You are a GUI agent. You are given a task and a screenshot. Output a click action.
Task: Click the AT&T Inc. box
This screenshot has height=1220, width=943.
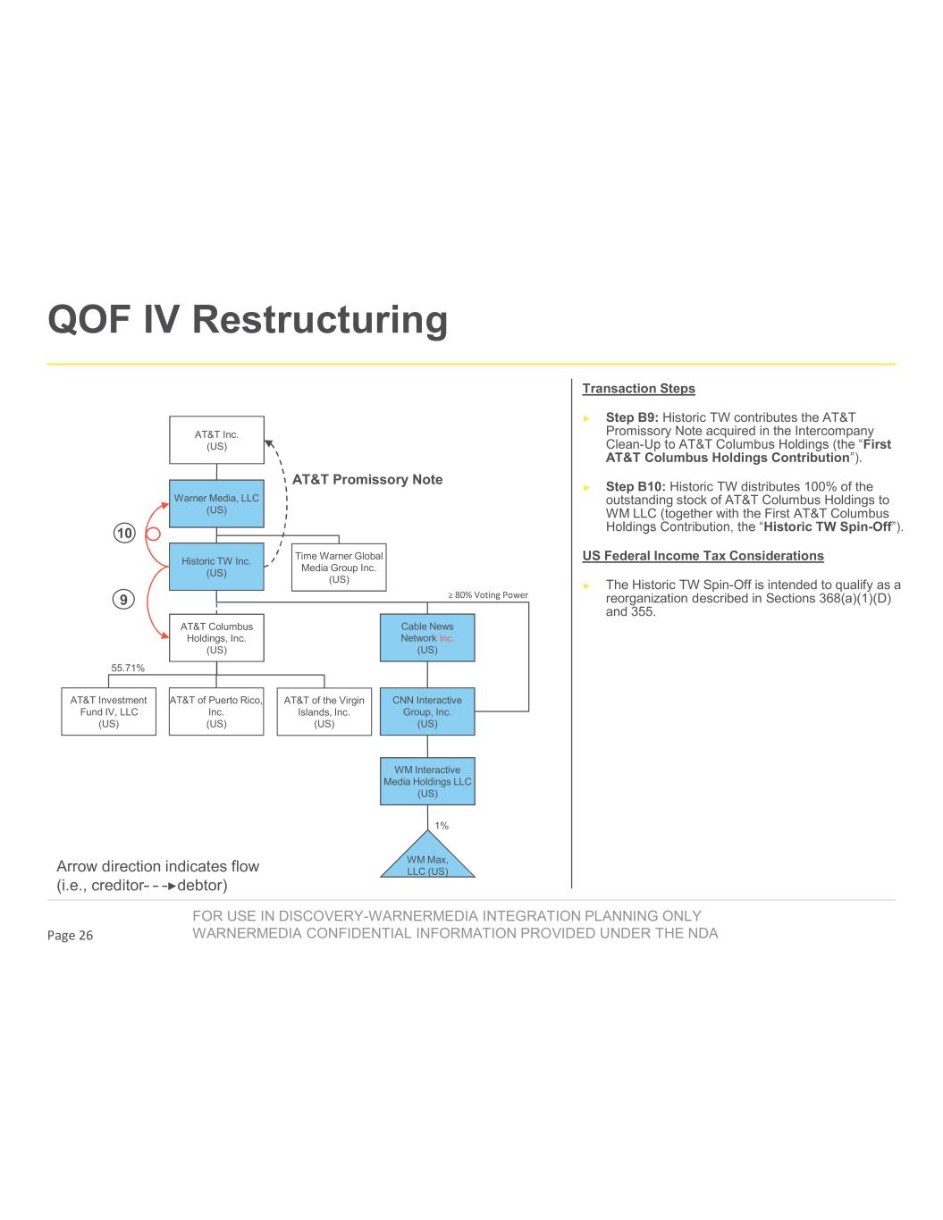[216, 440]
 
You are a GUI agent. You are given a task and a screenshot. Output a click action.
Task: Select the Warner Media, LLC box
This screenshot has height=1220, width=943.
[216, 504]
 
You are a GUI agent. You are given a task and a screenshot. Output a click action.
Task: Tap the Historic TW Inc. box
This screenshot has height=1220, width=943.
[216, 567]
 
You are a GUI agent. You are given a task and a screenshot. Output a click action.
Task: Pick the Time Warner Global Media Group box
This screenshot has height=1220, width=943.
[339, 568]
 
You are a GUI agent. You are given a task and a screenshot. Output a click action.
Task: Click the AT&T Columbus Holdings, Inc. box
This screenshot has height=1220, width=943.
[216, 638]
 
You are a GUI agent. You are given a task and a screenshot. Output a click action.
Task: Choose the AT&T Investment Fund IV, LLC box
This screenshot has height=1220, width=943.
[108, 711]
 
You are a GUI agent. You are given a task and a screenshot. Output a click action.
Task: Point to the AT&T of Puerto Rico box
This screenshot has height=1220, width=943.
[216, 711]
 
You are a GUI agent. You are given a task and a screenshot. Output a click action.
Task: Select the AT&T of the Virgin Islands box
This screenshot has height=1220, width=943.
[324, 711]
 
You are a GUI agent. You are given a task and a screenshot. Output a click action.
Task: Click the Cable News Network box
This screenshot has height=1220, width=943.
[427, 638]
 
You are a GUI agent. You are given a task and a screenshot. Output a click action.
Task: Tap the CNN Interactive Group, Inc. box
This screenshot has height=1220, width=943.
[427, 711]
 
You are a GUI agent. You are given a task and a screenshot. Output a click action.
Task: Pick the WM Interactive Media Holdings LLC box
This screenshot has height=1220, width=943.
[427, 781]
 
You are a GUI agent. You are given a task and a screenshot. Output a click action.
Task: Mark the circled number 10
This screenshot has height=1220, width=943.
[124, 534]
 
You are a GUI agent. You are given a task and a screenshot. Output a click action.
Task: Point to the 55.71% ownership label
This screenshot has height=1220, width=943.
[128, 668]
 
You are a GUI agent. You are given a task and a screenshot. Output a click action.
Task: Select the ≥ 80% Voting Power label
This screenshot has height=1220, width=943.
[487, 595]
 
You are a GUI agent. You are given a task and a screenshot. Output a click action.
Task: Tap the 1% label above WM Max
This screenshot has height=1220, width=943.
[442, 826]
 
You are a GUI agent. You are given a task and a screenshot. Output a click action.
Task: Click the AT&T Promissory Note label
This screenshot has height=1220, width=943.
[367, 480]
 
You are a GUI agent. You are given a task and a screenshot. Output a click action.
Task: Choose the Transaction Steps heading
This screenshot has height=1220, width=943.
[638, 389]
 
